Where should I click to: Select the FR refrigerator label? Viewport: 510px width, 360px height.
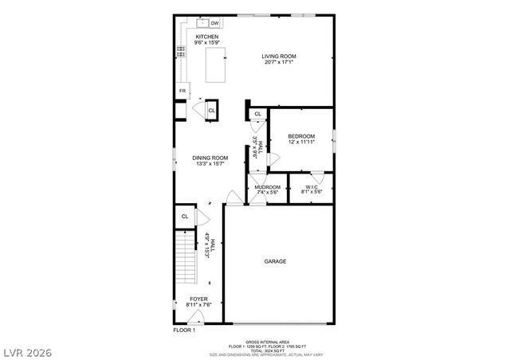coord(182,91)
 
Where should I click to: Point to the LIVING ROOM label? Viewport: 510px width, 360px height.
coord(279,56)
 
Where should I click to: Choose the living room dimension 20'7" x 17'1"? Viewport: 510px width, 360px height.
coord(279,61)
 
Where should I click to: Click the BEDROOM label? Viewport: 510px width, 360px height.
coord(301,136)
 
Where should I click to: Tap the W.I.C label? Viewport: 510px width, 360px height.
coord(311,187)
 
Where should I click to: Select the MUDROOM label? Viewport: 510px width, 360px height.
coord(268,187)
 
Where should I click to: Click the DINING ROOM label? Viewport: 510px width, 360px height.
coord(210,158)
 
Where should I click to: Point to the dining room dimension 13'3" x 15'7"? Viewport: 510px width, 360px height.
coord(210,164)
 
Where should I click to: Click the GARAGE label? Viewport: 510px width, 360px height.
coord(276,261)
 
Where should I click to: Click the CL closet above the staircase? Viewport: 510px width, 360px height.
coord(185,216)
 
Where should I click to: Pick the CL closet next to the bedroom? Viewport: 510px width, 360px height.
coord(257,115)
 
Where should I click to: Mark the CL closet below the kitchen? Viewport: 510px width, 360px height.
coord(211,111)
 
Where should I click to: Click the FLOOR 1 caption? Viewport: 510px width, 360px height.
coord(184,329)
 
